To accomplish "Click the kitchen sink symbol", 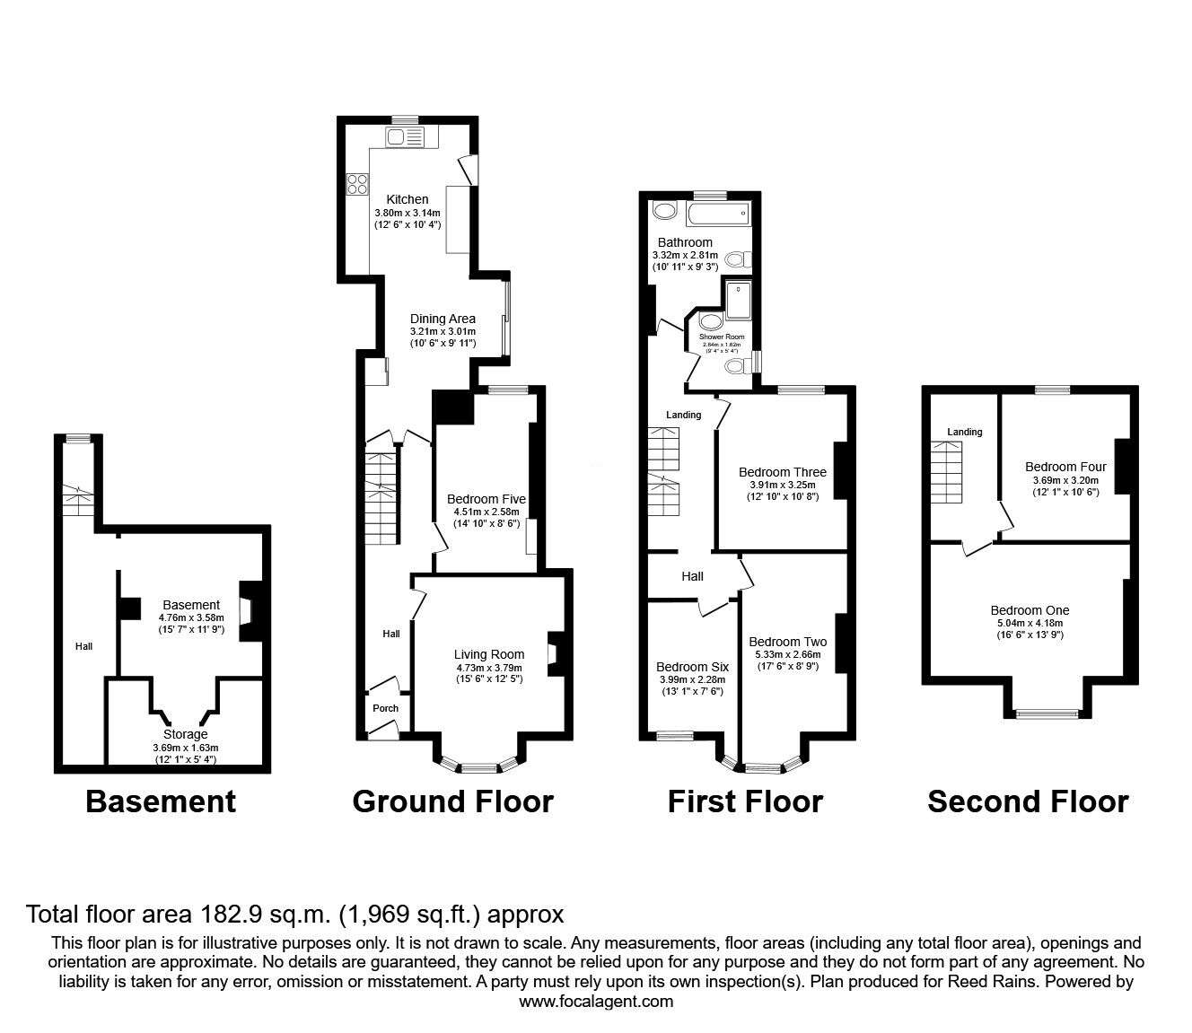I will pos(404,136).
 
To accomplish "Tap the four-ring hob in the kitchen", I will pos(356,183).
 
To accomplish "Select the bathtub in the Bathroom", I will pos(717,214).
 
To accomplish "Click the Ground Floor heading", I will pos(452,801).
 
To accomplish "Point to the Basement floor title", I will pos(161,801).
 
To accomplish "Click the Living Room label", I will pos(489,654).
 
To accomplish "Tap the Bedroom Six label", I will pos(692,667).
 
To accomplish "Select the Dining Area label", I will pos(443,319).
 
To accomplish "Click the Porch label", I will pos(386,708).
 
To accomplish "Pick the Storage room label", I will pos(186,734).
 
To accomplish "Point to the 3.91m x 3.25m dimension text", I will pos(783,485).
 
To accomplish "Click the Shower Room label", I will pos(723,337).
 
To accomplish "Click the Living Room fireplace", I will pos(555,653).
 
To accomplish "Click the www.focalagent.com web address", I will pos(596,1002).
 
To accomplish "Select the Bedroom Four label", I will pos(1065,467).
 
